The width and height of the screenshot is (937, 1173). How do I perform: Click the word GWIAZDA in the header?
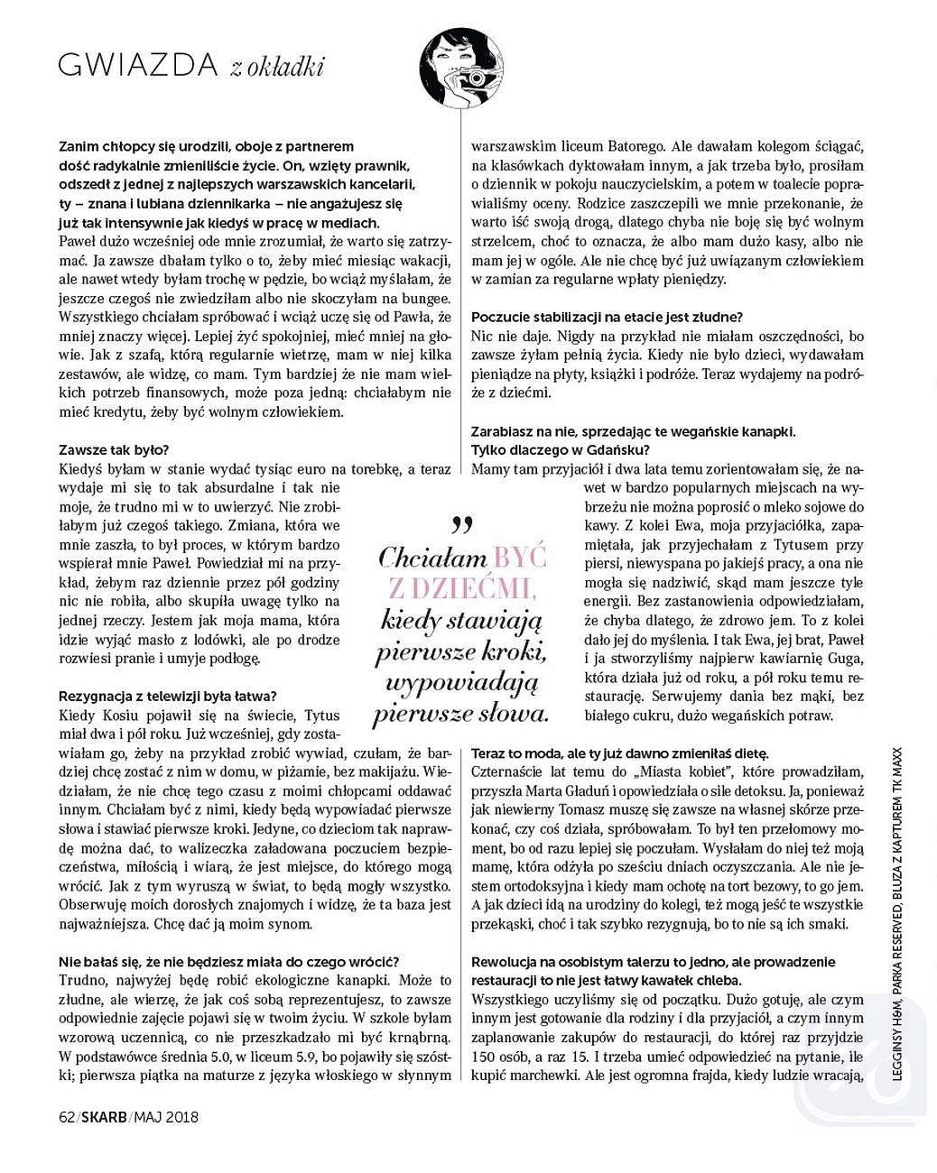point(137,65)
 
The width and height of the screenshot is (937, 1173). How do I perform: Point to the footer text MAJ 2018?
point(166,1117)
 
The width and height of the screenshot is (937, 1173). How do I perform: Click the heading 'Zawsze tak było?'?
point(114,449)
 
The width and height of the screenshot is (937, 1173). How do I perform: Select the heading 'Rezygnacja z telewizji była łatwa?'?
point(167,696)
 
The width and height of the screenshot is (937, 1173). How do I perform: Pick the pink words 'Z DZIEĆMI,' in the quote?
point(461,588)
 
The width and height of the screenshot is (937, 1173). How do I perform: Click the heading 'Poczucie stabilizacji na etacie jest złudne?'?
point(607,317)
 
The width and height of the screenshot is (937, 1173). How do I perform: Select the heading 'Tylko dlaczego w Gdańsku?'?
point(560,449)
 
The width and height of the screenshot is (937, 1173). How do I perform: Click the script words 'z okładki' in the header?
point(276,66)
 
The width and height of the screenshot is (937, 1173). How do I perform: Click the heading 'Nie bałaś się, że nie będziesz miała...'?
point(228,961)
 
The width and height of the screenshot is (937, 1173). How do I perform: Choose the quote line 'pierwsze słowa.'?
point(461,715)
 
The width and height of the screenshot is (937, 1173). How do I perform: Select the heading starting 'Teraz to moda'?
point(618,753)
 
